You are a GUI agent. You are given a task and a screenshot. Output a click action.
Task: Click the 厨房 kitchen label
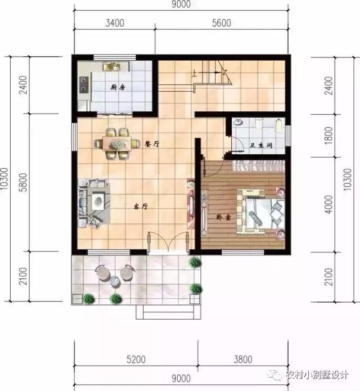click(x=117, y=88)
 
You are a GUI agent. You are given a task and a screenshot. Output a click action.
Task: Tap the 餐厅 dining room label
click(x=152, y=144)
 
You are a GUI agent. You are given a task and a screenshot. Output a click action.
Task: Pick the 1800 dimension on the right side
click(x=329, y=136)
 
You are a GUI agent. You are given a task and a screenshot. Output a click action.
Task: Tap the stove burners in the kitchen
click(x=84, y=84)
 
